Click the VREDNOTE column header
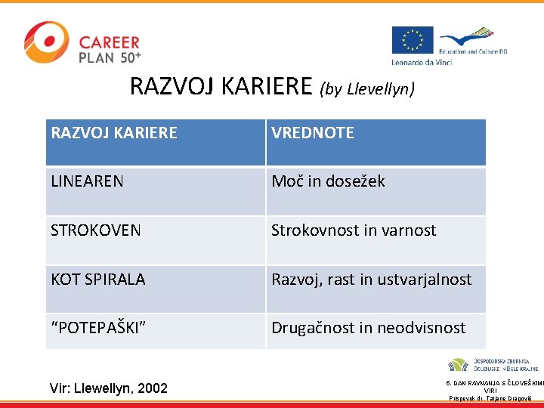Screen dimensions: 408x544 pyautogui.click(x=313, y=133)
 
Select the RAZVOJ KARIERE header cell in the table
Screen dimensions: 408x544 pyautogui.click(x=114, y=133)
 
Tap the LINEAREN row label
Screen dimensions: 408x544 pyautogui.click(x=87, y=181)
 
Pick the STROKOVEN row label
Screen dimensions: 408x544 pyautogui.click(x=95, y=230)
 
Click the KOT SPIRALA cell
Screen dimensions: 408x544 pyautogui.click(x=98, y=280)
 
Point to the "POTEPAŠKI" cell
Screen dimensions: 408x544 pyautogui.click(x=98, y=328)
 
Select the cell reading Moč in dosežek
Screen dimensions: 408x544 pyautogui.click(x=328, y=181)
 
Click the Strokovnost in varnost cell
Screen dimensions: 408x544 pyautogui.click(x=354, y=230)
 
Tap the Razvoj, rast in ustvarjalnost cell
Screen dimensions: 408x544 pyautogui.click(x=371, y=280)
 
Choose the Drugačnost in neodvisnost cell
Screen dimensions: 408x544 pyautogui.click(x=368, y=328)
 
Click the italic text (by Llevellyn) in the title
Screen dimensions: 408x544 pyautogui.click(x=367, y=89)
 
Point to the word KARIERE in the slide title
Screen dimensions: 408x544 pyautogui.click(x=269, y=87)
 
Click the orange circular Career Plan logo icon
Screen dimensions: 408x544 pyautogui.click(x=45, y=42)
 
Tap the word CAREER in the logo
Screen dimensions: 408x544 pyautogui.click(x=110, y=42)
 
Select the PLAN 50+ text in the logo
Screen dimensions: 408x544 pyautogui.click(x=110, y=57)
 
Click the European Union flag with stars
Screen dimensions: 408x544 pyautogui.click(x=412, y=40)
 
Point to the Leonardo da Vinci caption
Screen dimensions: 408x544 pyautogui.click(x=422, y=61)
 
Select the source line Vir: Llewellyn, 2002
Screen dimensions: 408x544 pyautogui.click(x=108, y=388)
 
